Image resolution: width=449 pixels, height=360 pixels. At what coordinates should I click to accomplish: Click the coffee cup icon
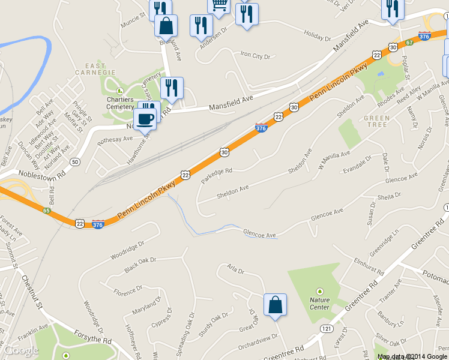[145, 118]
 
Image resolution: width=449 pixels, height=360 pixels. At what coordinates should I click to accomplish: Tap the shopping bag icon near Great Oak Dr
[275, 304]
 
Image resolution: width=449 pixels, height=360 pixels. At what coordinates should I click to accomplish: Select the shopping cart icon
[219, 5]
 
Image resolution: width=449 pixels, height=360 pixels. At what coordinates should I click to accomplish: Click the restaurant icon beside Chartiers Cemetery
[172, 88]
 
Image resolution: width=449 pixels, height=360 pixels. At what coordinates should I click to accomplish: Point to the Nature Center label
[319, 304]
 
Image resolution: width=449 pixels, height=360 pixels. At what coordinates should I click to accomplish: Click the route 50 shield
[75, 162]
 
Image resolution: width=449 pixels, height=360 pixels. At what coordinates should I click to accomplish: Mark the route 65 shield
[47, 211]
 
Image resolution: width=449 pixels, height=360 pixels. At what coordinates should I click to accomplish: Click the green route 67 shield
[409, 43]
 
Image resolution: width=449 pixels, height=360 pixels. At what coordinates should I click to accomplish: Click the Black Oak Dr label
[139, 265]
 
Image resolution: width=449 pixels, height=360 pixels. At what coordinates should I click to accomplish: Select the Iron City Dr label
[256, 56]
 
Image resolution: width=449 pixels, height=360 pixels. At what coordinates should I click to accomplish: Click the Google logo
[22, 350]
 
